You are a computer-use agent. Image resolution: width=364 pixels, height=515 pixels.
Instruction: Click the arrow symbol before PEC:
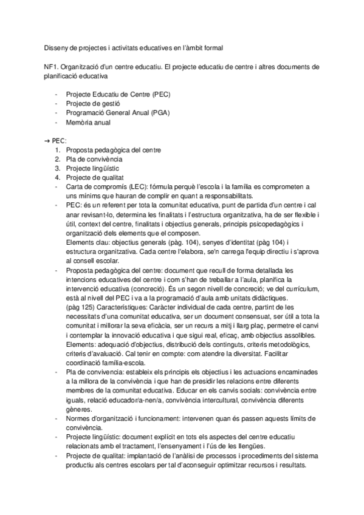coord(47,140)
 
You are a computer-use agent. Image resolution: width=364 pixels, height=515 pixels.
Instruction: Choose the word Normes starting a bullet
coord(81,418)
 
